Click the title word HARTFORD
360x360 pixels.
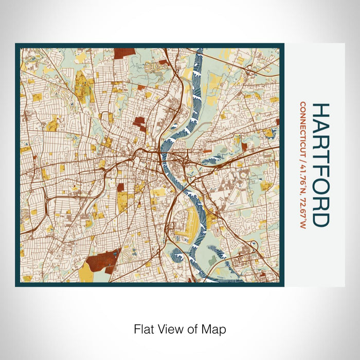(320, 165)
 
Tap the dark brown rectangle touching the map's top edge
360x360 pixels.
(124, 53)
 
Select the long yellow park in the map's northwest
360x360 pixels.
(81, 87)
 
